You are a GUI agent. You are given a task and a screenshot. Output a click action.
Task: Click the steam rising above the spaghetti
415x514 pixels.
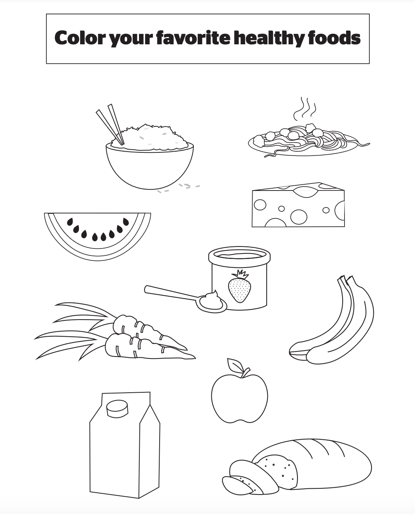pos(305,109)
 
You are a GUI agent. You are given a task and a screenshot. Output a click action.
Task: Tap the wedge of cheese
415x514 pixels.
pos(298,205)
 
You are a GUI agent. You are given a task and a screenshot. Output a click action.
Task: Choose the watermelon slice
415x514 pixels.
pos(97,235)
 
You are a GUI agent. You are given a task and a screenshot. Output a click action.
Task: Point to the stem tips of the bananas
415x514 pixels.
pos(345,279)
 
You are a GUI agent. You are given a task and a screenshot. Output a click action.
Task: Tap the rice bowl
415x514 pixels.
pos(150,165)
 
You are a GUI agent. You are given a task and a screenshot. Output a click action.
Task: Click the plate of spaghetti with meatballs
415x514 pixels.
pos(309,141)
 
